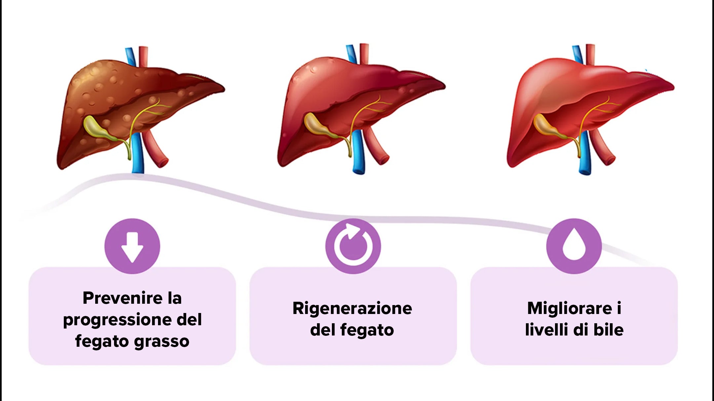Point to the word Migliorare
[570, 308]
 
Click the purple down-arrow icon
[132, 246]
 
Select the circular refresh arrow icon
[353, 246]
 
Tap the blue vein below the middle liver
[358, 152]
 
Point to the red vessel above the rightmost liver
[590, 55]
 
